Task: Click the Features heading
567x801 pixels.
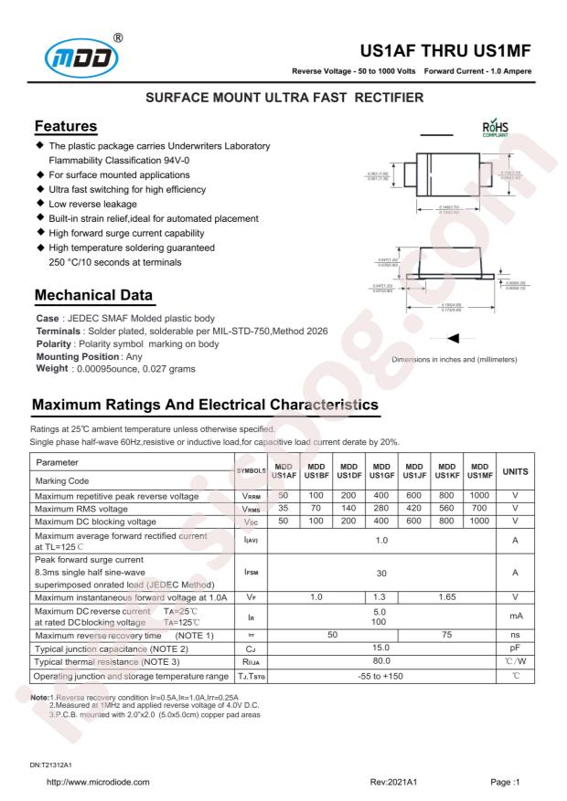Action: pos(66,125)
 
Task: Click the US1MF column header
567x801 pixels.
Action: pos(479,469)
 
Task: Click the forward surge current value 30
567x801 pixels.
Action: pos(381,573)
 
